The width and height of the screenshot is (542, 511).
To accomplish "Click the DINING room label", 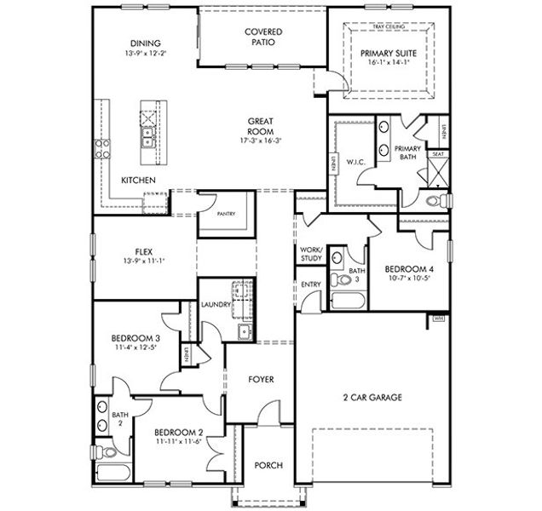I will pos(145,43).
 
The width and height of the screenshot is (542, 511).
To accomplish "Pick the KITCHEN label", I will pos(137,180).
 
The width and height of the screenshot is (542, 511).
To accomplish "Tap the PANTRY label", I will pos(227,214).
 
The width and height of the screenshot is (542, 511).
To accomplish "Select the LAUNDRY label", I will pos(216,303).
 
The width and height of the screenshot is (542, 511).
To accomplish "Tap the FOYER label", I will pos(261,379).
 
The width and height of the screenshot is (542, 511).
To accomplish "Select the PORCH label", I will pos(268,465).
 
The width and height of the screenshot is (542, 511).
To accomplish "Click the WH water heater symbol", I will pos(440,318).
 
